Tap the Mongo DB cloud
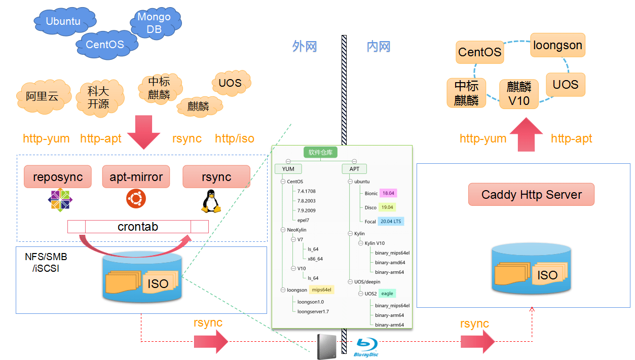[154, 23]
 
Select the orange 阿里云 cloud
[43, 96]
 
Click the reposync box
[58, 176]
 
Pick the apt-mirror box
[136, 176]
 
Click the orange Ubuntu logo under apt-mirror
[136, 198]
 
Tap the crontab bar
[138, 226]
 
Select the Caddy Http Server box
[531, 195]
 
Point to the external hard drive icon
[326, 347]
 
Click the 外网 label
[305, 47]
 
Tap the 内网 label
[379, 47]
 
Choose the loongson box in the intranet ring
[557, 45]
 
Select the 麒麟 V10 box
[518, 93]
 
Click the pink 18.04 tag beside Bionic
[388, 193]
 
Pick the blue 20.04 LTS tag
[391, 222]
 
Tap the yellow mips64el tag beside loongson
[322, 290]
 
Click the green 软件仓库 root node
[320, 152]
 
